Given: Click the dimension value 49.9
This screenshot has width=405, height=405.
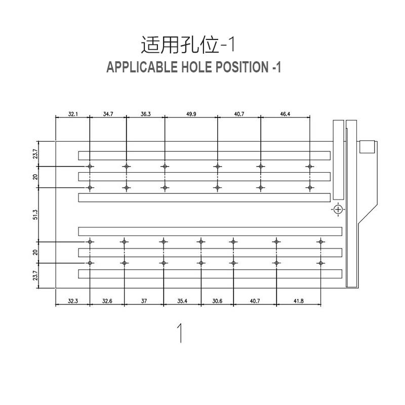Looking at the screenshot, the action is (x=191, y=114).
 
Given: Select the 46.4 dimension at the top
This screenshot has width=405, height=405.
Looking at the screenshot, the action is (x=285, y=114).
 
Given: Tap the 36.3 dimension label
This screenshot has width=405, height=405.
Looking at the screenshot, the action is (x=146, y=114).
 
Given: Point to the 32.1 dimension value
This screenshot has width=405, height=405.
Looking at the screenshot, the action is (x=73, y=114).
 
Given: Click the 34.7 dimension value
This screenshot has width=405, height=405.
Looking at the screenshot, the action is (x=108, y=114).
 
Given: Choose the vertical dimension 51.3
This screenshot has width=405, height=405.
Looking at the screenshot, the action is (x=35, y=215).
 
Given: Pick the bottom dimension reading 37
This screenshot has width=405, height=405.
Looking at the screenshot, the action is (x=144, y=301).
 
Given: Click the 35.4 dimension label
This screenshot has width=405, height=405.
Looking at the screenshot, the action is (x=182, y=301).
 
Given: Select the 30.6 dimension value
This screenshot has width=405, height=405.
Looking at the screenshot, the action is (x=217, y=301).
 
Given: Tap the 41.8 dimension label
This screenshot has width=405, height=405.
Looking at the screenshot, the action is (x=299, y=301).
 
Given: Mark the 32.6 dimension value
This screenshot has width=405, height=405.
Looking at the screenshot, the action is (x=107, y=301).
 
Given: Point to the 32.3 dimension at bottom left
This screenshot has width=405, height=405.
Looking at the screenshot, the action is (x=73, y=301).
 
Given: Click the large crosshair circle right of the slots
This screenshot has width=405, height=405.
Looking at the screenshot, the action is (x=338, y=210).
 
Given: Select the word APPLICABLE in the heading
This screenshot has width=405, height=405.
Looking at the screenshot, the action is (x=142, y=67).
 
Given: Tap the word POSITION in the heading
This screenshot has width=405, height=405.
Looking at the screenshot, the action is (x=242, y=67).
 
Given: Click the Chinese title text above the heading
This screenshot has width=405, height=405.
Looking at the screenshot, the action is (x=188, y=45).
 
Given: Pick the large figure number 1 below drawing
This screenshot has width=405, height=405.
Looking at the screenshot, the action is (x=180, y=333).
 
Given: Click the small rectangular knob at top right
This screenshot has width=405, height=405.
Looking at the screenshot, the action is (x=367, y=147).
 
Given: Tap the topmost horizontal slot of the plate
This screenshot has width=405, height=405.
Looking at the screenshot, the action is (x=205, y=155).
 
